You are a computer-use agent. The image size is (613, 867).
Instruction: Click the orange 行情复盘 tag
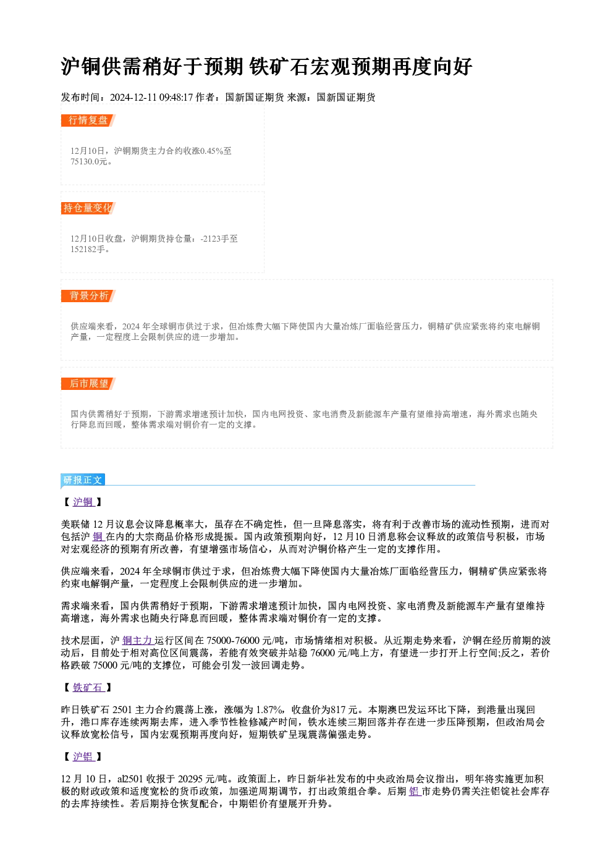pos(88,121)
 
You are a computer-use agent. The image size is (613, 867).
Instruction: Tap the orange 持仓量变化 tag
pos(88,208)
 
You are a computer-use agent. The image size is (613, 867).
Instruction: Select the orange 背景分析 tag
pos(88,296)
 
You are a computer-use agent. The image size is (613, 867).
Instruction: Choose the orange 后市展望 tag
pos(88,384)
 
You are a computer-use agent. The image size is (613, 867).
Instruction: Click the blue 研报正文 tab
pos(83,480)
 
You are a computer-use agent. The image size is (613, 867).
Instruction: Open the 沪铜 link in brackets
pos(83,502)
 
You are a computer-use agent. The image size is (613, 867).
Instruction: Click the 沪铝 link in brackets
pos(83,756)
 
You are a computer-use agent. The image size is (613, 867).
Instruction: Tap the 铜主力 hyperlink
pos(138,641)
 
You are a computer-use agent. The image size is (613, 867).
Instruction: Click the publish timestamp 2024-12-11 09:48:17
pos(151,97)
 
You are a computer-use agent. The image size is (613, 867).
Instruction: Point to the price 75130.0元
pos(88,162)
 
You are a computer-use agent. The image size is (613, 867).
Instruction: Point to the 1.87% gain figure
pos(269,710)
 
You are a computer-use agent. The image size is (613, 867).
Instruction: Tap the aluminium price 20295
pos(190,779)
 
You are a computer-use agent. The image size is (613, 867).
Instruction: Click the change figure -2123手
pos(219,239)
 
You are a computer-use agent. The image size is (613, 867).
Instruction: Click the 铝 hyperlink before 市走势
pos(415,792)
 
